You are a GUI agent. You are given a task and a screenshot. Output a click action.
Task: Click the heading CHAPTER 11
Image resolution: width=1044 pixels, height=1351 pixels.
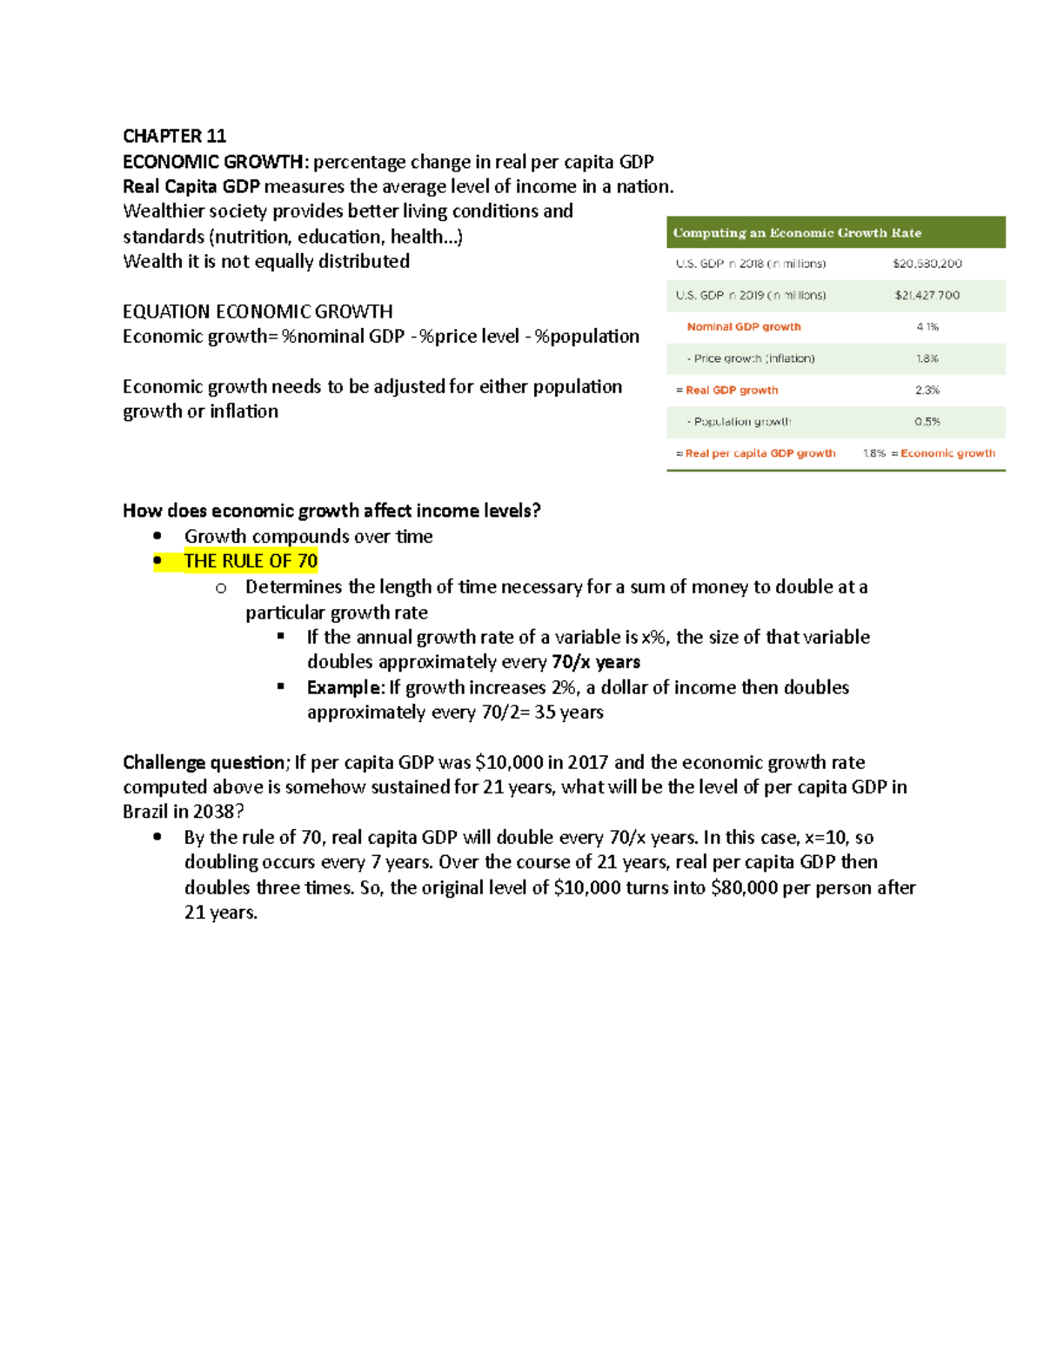point(174,136)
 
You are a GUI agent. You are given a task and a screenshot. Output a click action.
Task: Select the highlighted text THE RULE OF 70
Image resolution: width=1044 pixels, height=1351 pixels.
point(251,561)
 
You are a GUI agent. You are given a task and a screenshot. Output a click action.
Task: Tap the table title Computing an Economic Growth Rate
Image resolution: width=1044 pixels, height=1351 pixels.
point(797,232)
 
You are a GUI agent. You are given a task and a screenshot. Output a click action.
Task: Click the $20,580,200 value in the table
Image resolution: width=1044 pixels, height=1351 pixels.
point(927,264)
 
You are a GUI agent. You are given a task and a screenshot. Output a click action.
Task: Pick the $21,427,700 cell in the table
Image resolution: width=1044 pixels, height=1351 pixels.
point(927,295)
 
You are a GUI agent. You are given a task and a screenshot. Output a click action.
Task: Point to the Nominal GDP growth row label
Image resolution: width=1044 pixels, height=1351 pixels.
point(744,327)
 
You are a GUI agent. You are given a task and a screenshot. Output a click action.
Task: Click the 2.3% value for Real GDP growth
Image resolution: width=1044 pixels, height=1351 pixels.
point(927,390)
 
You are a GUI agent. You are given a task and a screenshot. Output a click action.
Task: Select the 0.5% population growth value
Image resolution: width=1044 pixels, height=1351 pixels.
point(927,422)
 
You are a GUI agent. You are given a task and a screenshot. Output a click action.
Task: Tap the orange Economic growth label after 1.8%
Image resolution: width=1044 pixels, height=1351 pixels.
point(947,453)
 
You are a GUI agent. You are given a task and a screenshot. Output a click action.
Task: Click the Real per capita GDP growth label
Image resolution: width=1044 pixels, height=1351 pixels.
point(760,453)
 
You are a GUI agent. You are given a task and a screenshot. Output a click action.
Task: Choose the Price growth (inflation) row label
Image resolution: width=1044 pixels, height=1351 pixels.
point(753,358)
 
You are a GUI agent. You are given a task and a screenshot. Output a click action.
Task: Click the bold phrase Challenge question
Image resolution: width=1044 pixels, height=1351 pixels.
point(204,763)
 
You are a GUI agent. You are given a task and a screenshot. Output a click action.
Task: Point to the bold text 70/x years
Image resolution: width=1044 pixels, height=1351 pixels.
point(596,662)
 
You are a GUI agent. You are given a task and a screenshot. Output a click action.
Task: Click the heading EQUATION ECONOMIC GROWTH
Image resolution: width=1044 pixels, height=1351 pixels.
point(258,311)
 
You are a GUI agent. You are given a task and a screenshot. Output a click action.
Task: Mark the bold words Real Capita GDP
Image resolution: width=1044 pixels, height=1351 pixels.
point(191,186)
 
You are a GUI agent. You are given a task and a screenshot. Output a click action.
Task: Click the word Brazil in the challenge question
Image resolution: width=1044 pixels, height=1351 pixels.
point(144,812)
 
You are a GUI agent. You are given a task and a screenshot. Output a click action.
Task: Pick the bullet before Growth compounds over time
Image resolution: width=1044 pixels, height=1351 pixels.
point(157,536)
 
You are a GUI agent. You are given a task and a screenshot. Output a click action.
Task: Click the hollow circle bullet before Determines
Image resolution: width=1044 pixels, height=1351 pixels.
point(221,588)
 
